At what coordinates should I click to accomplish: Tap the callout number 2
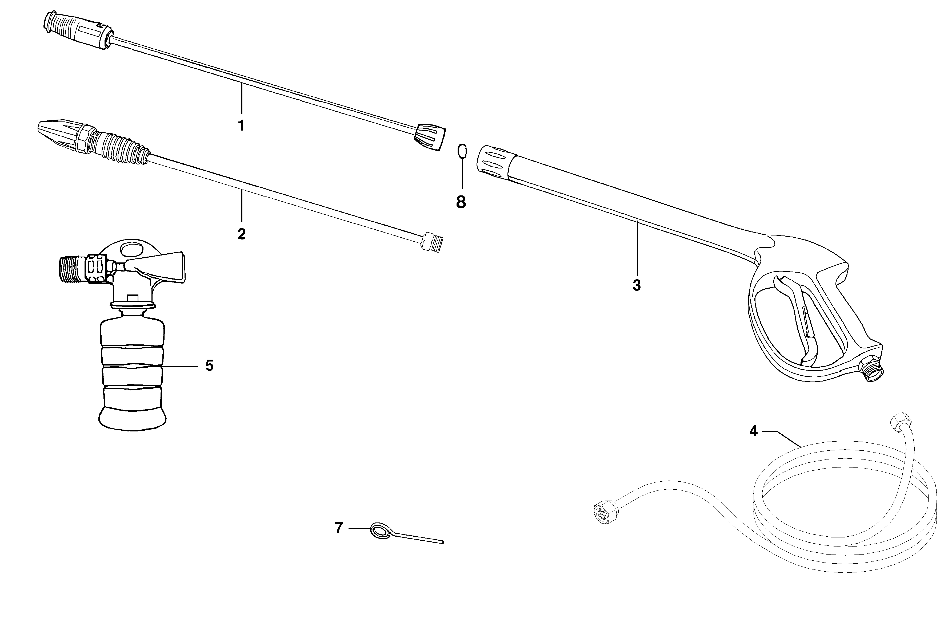click(x=241, y=234)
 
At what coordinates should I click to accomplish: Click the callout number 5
click(x=209, y=365)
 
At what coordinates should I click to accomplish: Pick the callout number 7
click(x=339, y=528)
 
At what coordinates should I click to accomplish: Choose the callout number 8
click(x=461, y=202)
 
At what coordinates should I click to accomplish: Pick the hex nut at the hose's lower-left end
click(x=604, y=513)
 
